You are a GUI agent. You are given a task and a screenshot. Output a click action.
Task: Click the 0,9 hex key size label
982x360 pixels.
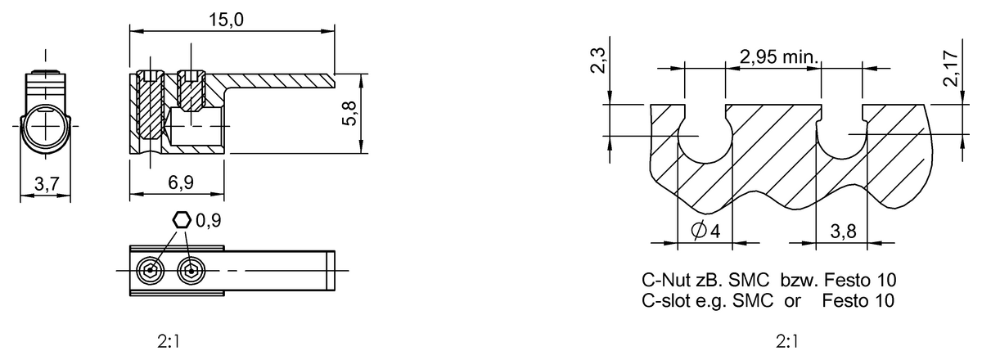click(208, 219)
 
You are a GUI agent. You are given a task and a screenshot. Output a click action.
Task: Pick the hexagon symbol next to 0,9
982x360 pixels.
click(182, 219)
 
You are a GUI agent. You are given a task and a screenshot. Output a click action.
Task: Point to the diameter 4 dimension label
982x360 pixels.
click(705, 231)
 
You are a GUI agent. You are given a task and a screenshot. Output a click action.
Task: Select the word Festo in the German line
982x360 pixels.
click(855, 281)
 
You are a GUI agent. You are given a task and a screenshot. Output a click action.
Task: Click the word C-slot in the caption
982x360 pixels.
click(664, 300)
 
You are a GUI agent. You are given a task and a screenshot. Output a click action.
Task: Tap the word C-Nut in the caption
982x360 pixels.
click(662, 281)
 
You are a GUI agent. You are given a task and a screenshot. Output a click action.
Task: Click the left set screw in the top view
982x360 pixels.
click(150, 271)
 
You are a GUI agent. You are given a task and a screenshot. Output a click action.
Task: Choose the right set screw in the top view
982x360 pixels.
click(191, 271)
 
